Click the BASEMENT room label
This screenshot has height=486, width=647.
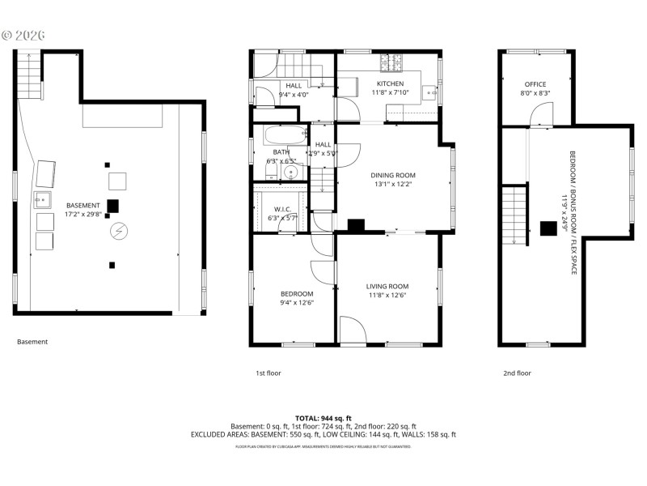(83, 205)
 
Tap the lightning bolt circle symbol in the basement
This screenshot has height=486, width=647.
(119, 231)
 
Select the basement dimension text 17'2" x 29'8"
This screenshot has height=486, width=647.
(83, 215)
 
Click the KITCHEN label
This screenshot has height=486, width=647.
(391, 83)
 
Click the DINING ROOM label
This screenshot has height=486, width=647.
(392, 175)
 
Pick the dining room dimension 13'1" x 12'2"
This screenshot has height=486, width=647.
(392, 185)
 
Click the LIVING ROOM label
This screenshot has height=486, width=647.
(387, 286)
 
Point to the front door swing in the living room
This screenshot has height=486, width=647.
(350, 330)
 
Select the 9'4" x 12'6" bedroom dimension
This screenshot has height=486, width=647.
(296, 303)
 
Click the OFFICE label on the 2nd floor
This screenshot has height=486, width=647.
(535, 84)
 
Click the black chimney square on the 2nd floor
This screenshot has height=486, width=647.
(547, 228)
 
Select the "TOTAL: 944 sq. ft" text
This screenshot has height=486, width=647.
(323, 416)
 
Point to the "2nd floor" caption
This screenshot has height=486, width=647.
(518, 373)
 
